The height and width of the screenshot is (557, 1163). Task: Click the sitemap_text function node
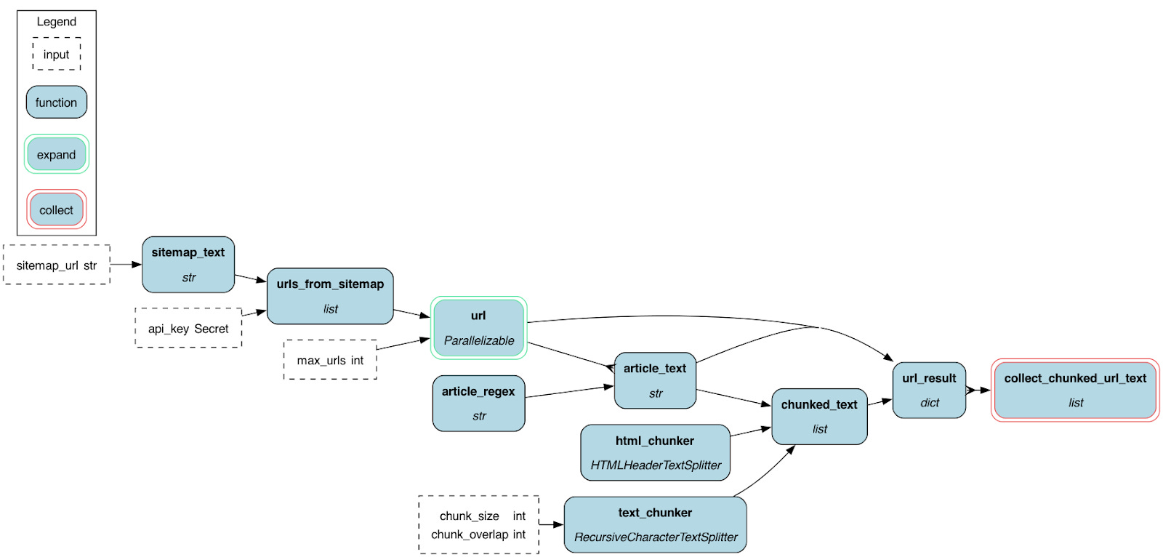188,265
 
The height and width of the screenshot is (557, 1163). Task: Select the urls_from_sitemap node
330,296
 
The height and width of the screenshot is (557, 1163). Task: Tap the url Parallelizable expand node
478,328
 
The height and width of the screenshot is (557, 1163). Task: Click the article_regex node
478,403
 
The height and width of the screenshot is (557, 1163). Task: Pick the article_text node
655,380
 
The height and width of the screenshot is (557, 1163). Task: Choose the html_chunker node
655,452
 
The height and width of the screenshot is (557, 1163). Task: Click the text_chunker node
655,524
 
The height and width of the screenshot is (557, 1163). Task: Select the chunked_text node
819,416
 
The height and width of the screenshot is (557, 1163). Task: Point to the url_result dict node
929,390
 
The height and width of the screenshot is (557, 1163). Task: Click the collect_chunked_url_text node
1075,390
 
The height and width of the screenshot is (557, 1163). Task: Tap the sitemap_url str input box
57,265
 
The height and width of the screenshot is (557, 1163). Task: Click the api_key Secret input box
188,328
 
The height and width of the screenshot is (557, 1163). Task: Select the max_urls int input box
330,360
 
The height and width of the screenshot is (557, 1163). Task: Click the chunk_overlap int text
478,534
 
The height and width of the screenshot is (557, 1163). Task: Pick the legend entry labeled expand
57,154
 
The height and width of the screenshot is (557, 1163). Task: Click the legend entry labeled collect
57,209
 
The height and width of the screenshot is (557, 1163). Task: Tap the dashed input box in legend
57,55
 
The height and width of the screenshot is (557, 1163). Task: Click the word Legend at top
57,22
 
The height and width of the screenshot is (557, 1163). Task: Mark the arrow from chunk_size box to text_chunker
551,524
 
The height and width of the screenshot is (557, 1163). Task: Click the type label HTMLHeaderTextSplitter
656,465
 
